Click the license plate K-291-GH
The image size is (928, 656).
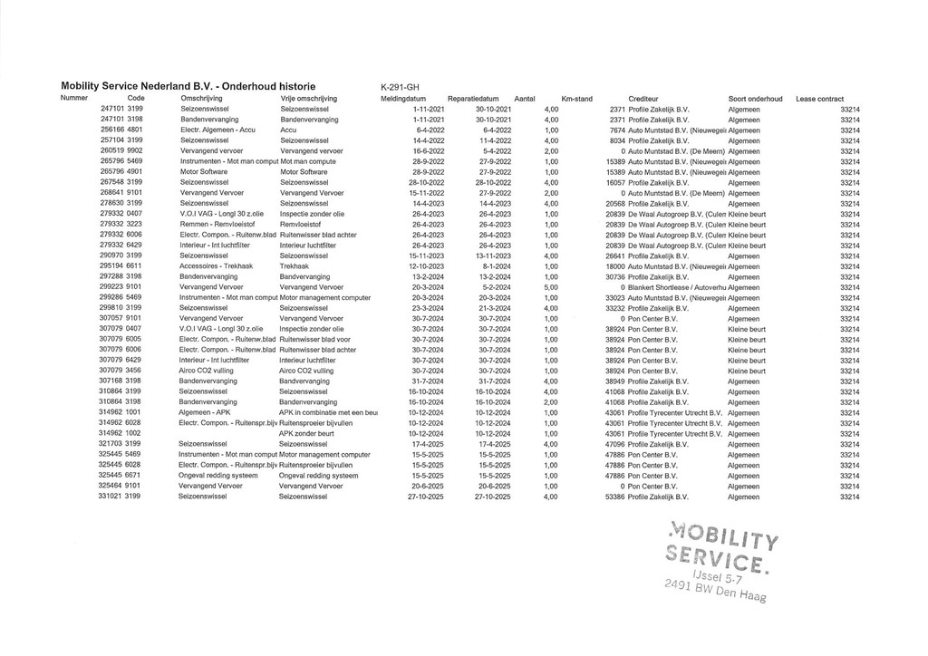(400, 87)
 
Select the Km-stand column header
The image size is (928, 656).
(576, 98)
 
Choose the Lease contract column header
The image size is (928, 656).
(819, 98)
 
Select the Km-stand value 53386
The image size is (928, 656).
(614, 497)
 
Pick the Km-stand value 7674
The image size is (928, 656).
(617, 130)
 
